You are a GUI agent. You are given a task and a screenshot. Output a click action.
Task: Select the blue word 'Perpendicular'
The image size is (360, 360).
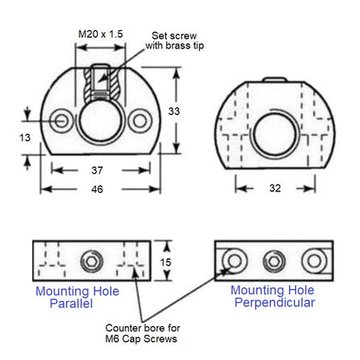273,304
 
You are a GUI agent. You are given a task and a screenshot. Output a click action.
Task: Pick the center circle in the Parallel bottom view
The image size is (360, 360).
89,260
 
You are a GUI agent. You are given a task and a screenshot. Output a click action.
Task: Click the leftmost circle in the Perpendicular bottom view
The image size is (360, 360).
232,260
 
